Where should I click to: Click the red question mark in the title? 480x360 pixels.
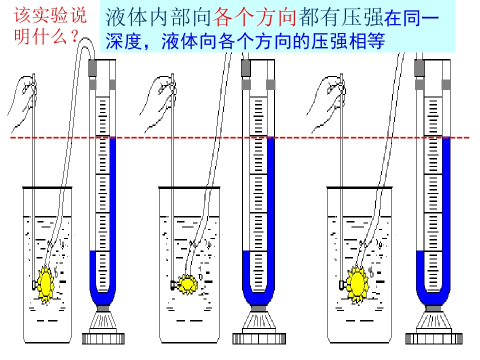(74, 36)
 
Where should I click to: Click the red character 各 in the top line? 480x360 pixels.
(223, 17)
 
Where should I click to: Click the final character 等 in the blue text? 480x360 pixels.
(375, 41)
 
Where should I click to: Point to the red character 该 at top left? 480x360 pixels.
(22, 15)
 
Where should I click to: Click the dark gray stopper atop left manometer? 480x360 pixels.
(92, 68)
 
